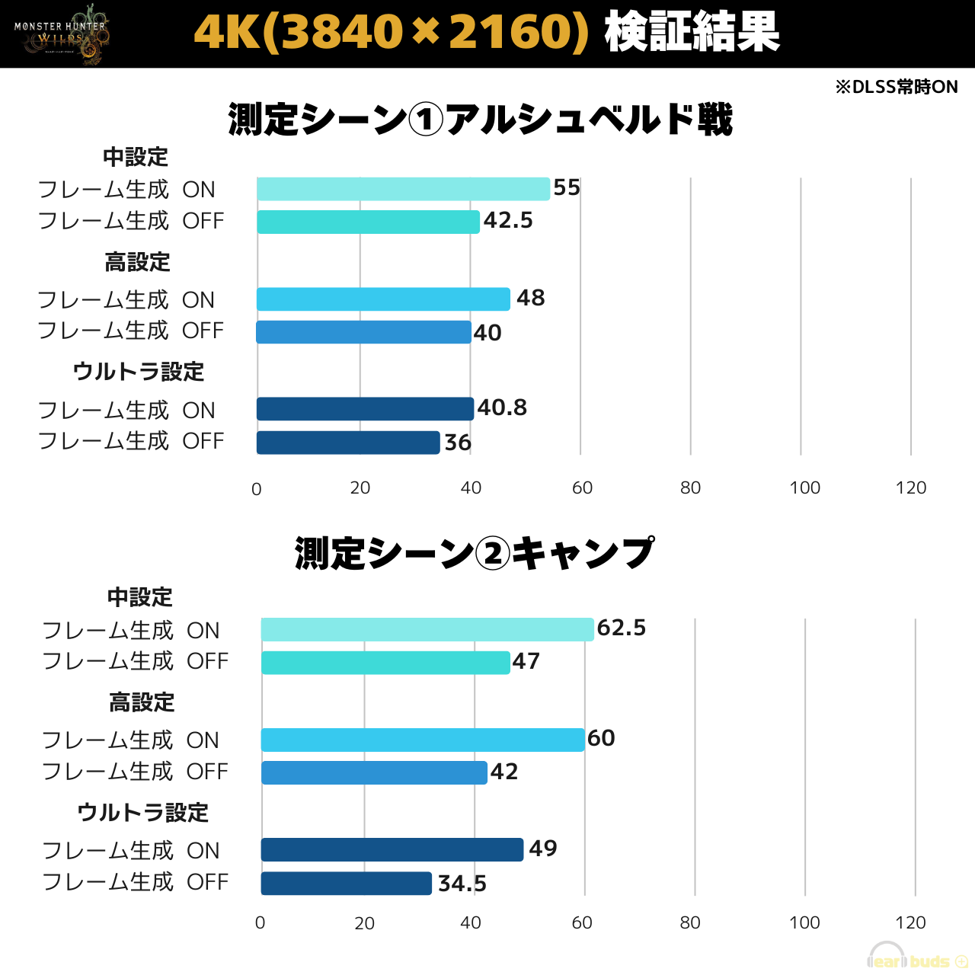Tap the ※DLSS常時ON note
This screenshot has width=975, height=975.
pos(897,87)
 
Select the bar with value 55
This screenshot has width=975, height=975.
pos(403,189)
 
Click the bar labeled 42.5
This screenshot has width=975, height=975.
pos(368,222)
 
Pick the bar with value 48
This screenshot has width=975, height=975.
pos(383,299)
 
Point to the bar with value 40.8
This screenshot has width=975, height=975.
pos(365,409)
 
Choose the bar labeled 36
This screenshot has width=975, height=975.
pos(348,443)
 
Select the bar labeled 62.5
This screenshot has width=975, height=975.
pos(427,630)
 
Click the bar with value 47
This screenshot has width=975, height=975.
pos(385,663)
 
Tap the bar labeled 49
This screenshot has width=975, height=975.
pos(392,849)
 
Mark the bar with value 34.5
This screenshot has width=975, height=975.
pos(347,884)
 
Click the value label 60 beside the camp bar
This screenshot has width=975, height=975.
pos(601,738)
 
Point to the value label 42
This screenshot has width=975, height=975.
pos(504,772)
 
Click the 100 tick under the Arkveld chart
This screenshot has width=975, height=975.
pos(804,488)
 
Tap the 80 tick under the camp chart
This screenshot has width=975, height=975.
pos(690,923)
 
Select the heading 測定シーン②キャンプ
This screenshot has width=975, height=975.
pos(474,553)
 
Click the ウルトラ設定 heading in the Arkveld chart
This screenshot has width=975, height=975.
pos(139,372)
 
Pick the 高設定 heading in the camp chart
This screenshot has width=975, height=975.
pos(142,702)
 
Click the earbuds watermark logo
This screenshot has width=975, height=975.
pos(917,958)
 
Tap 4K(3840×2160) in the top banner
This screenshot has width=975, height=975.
pos(392,34)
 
